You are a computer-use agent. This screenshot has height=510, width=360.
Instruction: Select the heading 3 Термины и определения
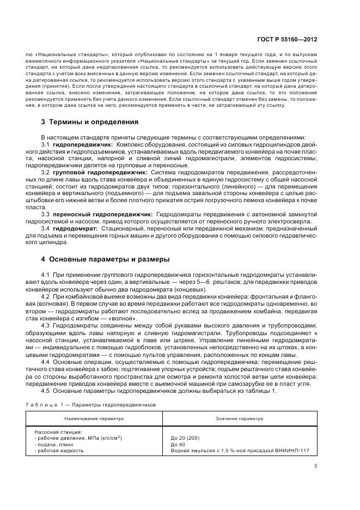[x=89, y=122]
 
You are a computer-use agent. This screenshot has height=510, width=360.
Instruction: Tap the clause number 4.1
[x=45, y=273]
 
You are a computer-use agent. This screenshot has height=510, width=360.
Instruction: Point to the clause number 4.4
[x=45, y=362]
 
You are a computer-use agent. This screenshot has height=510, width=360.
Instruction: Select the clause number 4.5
[x=45, y=391]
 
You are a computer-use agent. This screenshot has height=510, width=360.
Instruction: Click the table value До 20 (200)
[x=185, y=438]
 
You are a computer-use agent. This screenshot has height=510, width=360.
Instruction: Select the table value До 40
[x=178, y=444]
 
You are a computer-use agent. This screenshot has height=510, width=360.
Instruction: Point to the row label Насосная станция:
[x=56, y=431]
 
